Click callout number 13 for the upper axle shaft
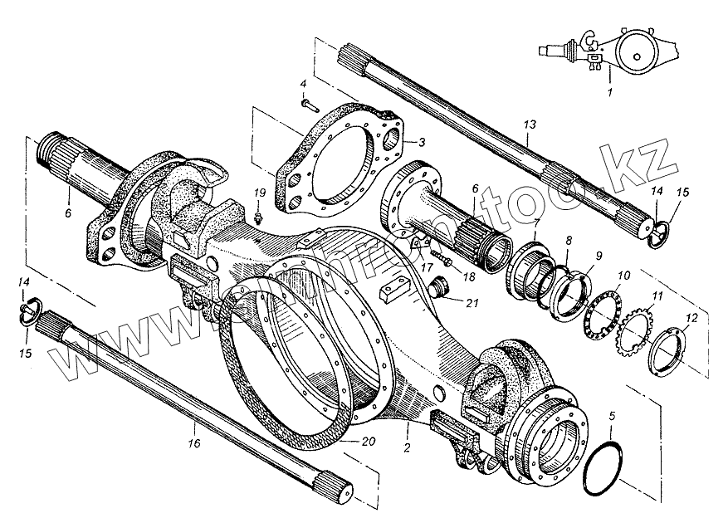click(530, 125)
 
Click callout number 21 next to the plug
click(471, 302)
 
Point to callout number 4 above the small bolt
click(303, 85)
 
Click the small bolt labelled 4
click(309, 104)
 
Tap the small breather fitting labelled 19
click(258, 217)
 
